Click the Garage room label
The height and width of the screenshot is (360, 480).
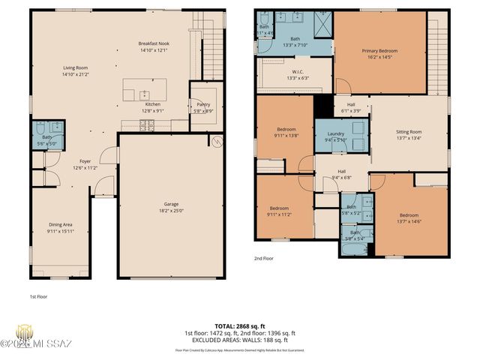click(171, 203)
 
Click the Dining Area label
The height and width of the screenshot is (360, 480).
click(61, 224)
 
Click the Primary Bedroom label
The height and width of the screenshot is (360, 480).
click(379, 50)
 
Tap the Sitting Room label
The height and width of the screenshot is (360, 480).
click(409, 132)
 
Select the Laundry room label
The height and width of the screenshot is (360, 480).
click(335, 133)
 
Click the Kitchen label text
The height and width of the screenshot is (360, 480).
click(152, 104)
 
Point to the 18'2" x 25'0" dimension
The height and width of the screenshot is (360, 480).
click(171, 210)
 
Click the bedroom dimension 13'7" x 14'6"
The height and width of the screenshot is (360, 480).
click(409, 222)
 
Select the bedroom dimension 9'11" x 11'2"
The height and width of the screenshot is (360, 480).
click(280, 214)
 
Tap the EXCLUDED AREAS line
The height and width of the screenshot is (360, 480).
click(240, 340)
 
